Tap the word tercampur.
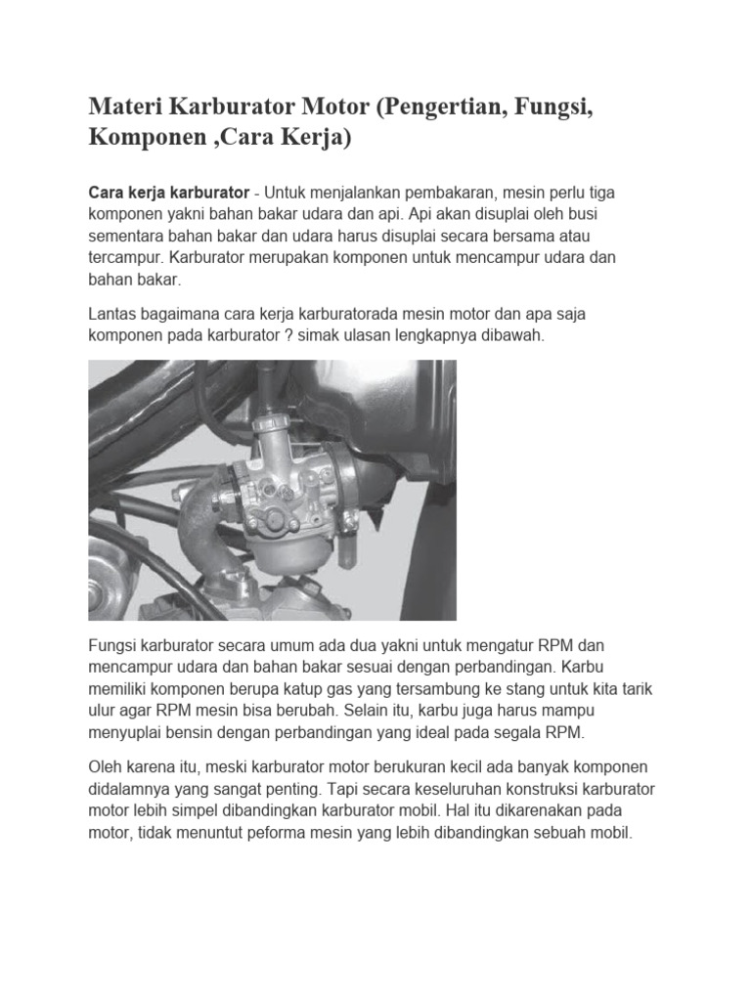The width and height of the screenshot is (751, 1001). [x=126, y=259]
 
